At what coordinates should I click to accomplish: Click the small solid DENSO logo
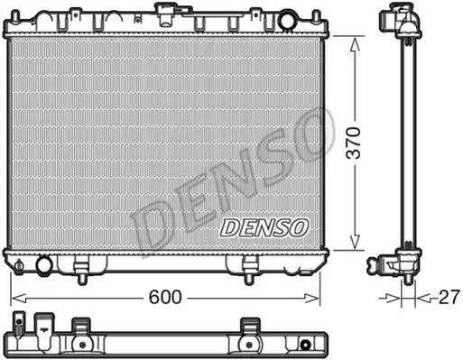(264, 226)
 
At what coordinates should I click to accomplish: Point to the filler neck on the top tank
(166, 13)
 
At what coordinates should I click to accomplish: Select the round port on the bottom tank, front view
(43, 265)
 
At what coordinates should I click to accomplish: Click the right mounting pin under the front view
(249, 265)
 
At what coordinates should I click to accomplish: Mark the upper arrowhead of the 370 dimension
(357, 42)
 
